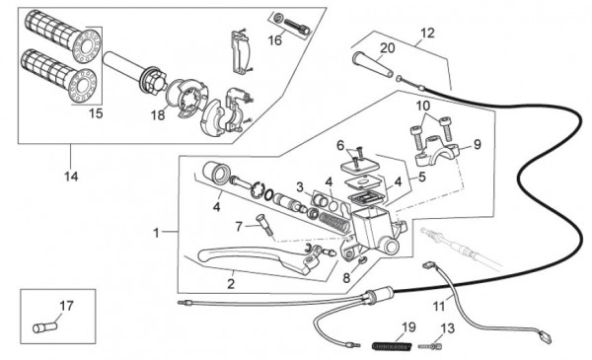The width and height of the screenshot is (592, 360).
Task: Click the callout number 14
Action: (x=71, y=177)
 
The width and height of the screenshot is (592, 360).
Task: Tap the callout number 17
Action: (x=66, y=306)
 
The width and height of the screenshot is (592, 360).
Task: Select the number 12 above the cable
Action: (x=427, y=33)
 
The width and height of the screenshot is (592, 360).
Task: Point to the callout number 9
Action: (x=478, y=144)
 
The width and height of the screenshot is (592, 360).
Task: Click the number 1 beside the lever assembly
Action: (x=156, y=233)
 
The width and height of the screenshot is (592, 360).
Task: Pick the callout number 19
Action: (x=408, y=327)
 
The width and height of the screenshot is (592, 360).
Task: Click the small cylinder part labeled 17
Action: (x=44, y=326)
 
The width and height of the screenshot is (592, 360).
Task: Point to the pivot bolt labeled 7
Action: (x=265, y=226)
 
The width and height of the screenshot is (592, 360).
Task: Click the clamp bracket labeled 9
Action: (x=438, y=152)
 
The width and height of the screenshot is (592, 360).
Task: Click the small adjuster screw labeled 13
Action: (x=430, y=345)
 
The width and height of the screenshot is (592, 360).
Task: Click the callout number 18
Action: (x=158, y=115)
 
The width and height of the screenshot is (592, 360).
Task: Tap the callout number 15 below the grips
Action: (x=96, y=112)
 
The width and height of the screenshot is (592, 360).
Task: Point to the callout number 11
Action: (x=439, y=306)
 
